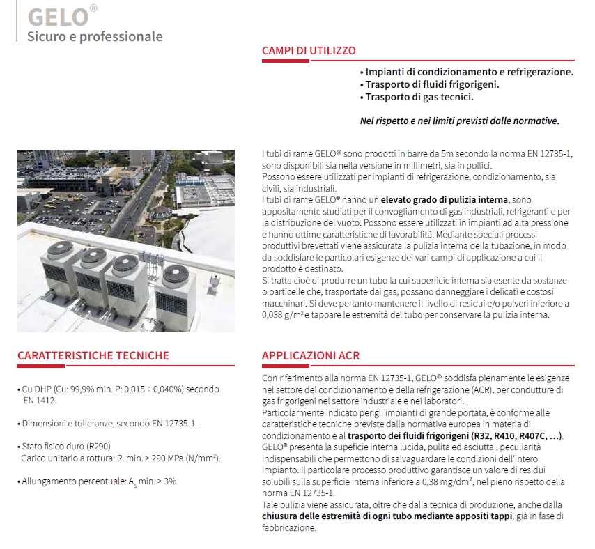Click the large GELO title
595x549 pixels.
(x=57, y=15)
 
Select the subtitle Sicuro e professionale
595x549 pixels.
(x=95, y=36)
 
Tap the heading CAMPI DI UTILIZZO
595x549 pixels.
(x=309, y=51)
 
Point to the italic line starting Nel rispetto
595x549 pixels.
(x=459, y=121)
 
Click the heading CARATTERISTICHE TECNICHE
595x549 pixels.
(x=93, y=355)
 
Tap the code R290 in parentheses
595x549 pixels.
(x=98, y=446)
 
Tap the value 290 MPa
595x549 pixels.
(x=146, y=458)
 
